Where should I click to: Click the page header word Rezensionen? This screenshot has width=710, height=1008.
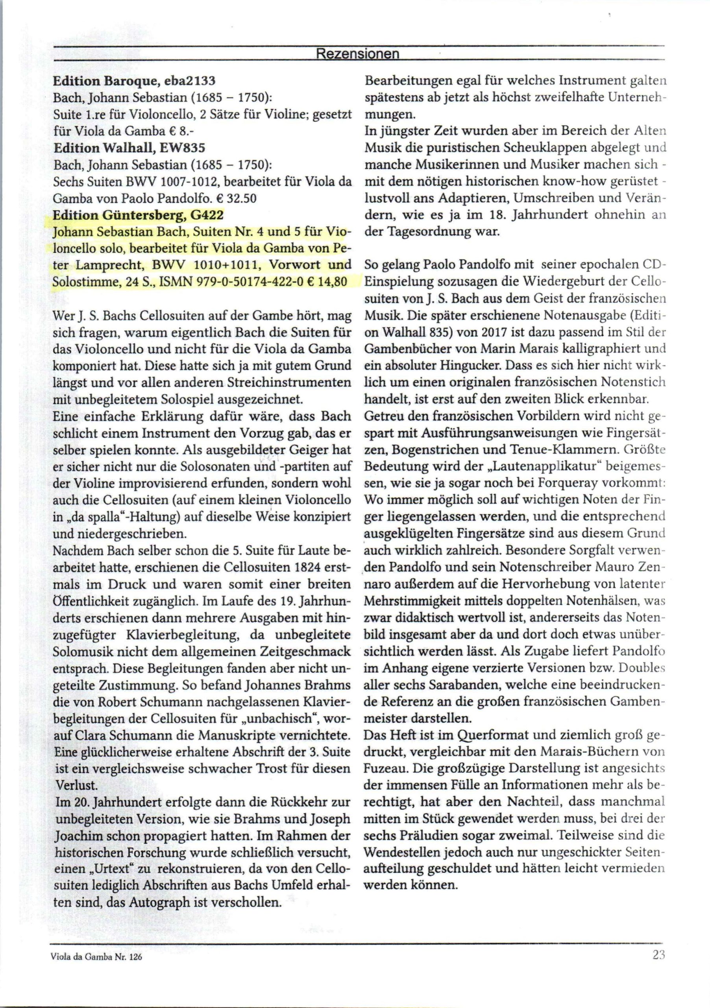(357, 54)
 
